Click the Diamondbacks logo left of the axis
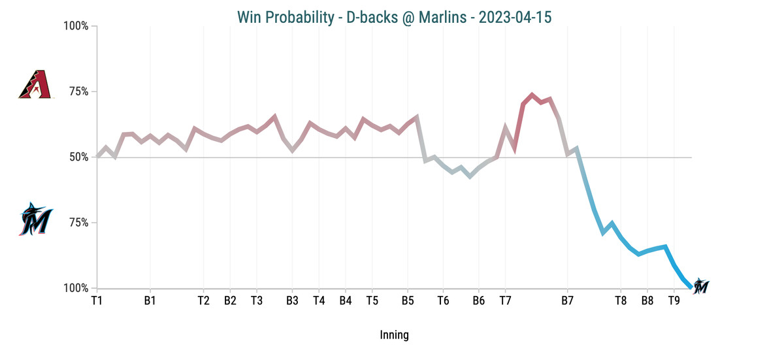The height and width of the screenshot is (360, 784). tap(35, 85)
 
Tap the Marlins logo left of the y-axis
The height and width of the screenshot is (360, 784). tap(37, 219)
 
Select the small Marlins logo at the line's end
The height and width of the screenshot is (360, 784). tap(701, 286)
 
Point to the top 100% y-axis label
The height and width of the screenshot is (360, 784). tap(75, 27)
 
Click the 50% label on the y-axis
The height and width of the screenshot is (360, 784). tap(78, 157)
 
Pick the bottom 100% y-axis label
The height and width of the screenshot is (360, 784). tap(75, 288)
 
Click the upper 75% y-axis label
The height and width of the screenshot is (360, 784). tap(78, 92)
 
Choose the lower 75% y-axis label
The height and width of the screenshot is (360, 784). tap(78, 223)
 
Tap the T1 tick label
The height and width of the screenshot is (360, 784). tap(97, 301)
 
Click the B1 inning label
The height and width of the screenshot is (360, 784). tap(150, 301)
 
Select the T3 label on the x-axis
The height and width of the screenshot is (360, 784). tap(257, 301)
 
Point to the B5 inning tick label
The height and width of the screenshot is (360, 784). tap(408, 301)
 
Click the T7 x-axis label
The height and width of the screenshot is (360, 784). tap(505, 301)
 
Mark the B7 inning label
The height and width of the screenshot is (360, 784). tap(567, 301)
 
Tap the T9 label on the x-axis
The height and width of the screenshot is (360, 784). tap(674, 301)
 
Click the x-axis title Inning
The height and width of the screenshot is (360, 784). tap(394, 335)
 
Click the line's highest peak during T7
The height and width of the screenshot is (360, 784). tap(532, 95)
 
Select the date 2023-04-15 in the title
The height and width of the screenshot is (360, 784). tap(515, 16)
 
